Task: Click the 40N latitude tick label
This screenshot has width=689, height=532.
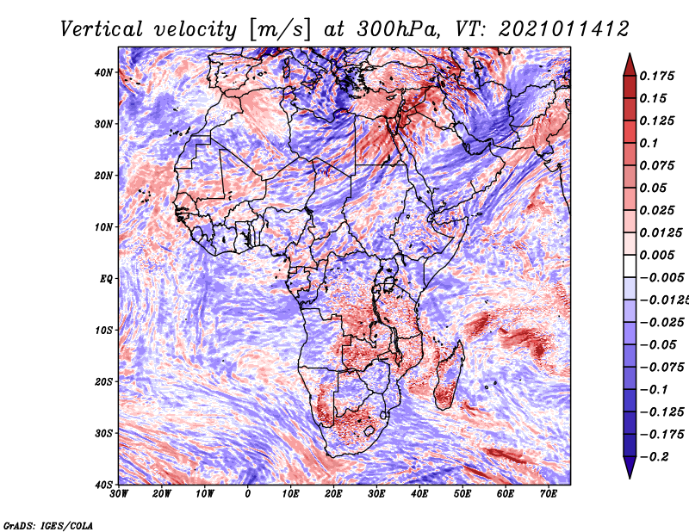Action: point(103,72)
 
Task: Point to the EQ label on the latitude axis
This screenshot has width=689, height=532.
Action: point(106,279)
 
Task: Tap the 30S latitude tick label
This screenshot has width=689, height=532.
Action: point(103,433)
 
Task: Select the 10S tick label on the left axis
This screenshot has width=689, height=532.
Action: point(103,330)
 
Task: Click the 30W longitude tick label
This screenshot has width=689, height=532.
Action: point(119,494)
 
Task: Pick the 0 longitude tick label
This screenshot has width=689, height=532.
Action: point(247,494)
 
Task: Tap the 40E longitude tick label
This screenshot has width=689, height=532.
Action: point(419,494)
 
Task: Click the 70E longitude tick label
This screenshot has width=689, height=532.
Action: point(548,494)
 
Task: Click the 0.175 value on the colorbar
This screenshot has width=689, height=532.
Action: point(656,76)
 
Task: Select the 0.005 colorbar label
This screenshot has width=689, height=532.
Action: point(656,255)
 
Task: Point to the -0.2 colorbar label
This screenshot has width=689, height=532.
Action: point(654,457)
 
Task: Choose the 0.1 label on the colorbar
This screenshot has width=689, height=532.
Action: point(649,143)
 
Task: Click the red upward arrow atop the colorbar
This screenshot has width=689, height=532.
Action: point(630,65)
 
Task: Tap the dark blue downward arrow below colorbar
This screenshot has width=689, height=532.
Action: point(630,467)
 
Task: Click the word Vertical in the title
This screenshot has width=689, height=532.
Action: point(102,29)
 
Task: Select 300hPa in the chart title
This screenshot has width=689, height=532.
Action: point(398,29)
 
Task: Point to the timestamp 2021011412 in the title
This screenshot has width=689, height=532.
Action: point(564,29)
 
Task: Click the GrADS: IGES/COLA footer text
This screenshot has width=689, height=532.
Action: point(48,525)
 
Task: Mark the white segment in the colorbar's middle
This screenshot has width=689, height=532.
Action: point(630,266)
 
